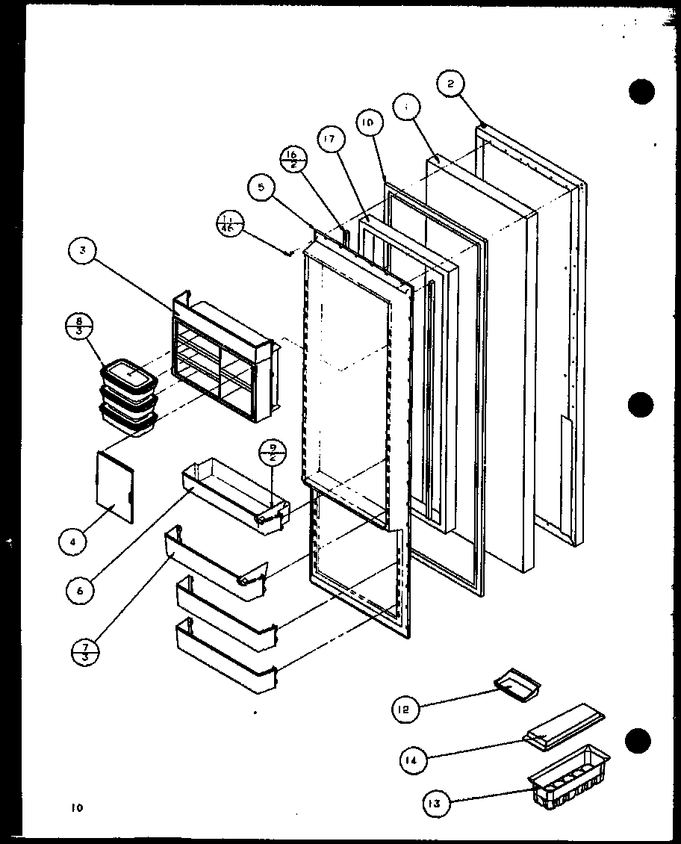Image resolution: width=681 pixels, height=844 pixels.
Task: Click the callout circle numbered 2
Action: (451, 84)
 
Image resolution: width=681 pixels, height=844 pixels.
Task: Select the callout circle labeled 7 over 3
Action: (85, 648)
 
